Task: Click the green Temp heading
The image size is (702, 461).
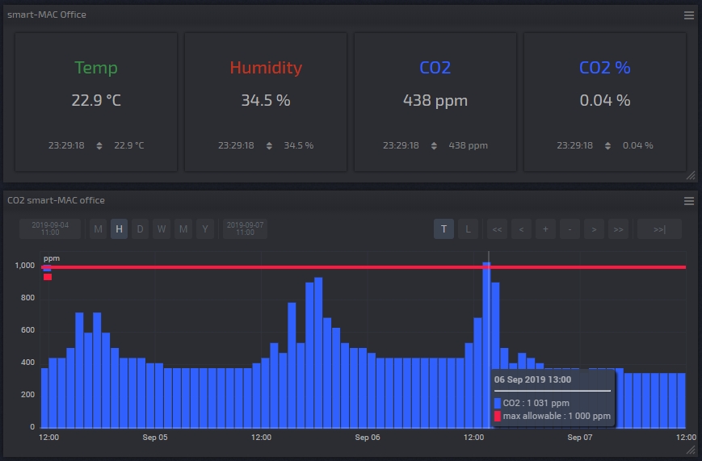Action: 96,68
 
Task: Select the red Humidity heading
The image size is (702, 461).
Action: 266,68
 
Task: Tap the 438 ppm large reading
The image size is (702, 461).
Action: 435,101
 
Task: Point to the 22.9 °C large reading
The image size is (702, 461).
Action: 96,101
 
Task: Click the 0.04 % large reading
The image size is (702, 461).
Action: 605,101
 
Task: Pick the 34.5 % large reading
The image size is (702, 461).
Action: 266,101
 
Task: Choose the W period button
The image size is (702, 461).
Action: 162,229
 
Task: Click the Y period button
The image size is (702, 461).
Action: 205,229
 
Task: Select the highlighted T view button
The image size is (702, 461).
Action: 443,229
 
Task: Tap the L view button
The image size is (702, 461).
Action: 468,229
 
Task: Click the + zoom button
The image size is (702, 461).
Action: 545,229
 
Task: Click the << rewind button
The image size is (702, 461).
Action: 497,229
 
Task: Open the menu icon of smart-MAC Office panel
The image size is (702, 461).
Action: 689,15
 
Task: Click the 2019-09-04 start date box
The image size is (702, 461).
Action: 50,228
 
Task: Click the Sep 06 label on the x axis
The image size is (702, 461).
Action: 368,438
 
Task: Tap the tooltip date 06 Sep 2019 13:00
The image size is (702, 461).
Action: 532,379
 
